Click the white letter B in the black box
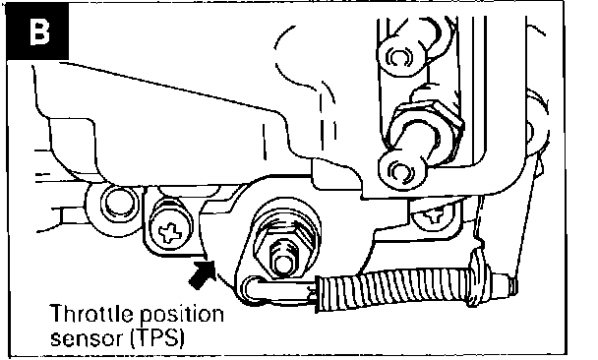tap(39, 32)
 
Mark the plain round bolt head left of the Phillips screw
tap(119, 205)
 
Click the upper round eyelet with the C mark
tap(399, 57)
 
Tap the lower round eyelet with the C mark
tap(400, 170)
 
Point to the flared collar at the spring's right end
tap(477, 276)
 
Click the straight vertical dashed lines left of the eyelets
tap(328, 122)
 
